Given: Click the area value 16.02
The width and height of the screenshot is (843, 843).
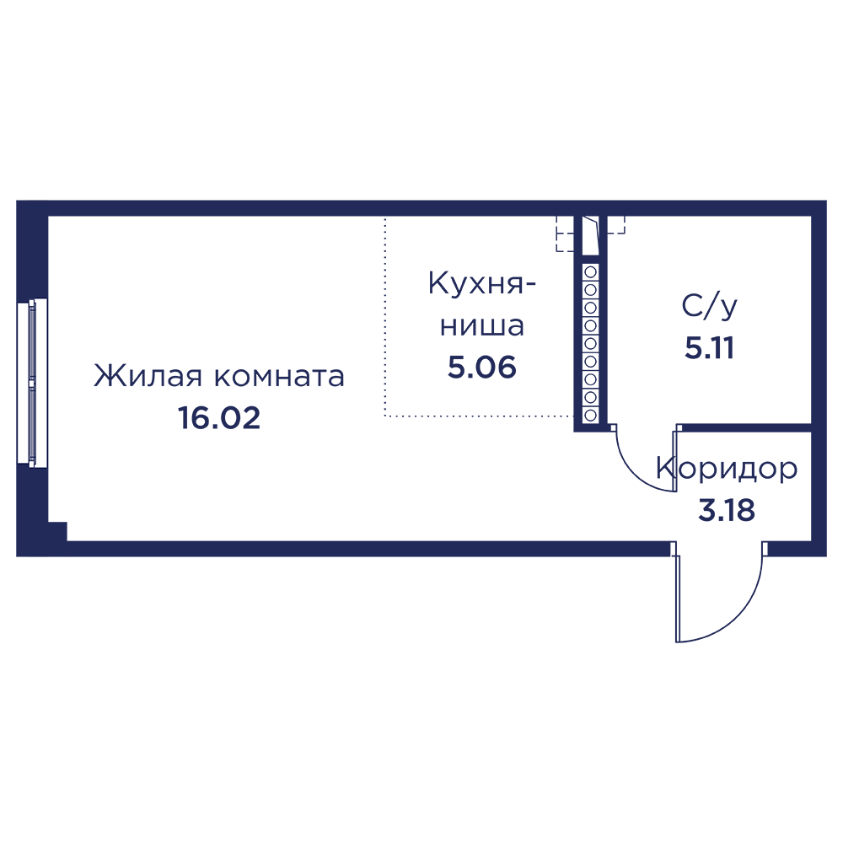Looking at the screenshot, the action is pyautogui.click(x=219, y=418).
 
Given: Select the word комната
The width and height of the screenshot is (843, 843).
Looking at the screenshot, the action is pyautogui.click(x=280, y=377).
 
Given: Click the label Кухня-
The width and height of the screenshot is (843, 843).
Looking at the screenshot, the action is pyautogui.click(x=482, y=283).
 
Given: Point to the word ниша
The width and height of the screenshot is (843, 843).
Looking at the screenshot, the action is pyautogui.click(x=482, y=326).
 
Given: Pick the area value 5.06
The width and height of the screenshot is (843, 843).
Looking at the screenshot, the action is pyautogui.click(x=482, y=368).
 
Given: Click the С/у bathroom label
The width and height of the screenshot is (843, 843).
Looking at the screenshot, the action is pyautogui.click(x=709, y=307).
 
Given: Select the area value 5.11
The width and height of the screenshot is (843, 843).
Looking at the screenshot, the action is pyautogui.click(x=709, y=348).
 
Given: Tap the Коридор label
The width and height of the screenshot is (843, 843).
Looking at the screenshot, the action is pyautogui.click(x=727, y=469).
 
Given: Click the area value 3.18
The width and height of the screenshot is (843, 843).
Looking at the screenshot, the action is pyautogui.click(x=727, y=510).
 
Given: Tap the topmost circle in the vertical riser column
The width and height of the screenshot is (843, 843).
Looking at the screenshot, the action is pyautogui.click(x=590, y=272).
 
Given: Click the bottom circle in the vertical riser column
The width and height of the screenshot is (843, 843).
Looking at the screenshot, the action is pyautogui.click(x=590, y=415).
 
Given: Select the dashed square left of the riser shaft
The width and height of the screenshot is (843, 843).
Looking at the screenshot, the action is pyautogui.click(x=565, y=234).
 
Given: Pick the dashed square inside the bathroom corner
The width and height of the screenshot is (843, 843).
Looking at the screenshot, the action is pyautogui.click(x=616, y=225).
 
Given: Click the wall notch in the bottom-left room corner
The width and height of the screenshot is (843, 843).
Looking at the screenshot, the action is pyautogui.click(x=57, y=531).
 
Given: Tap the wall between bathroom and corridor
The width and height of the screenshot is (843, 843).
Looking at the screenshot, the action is pyautogui.click(x=744, y=428).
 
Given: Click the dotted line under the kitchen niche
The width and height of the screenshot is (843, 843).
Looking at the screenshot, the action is pyautogui.click(x=479, y=416).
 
